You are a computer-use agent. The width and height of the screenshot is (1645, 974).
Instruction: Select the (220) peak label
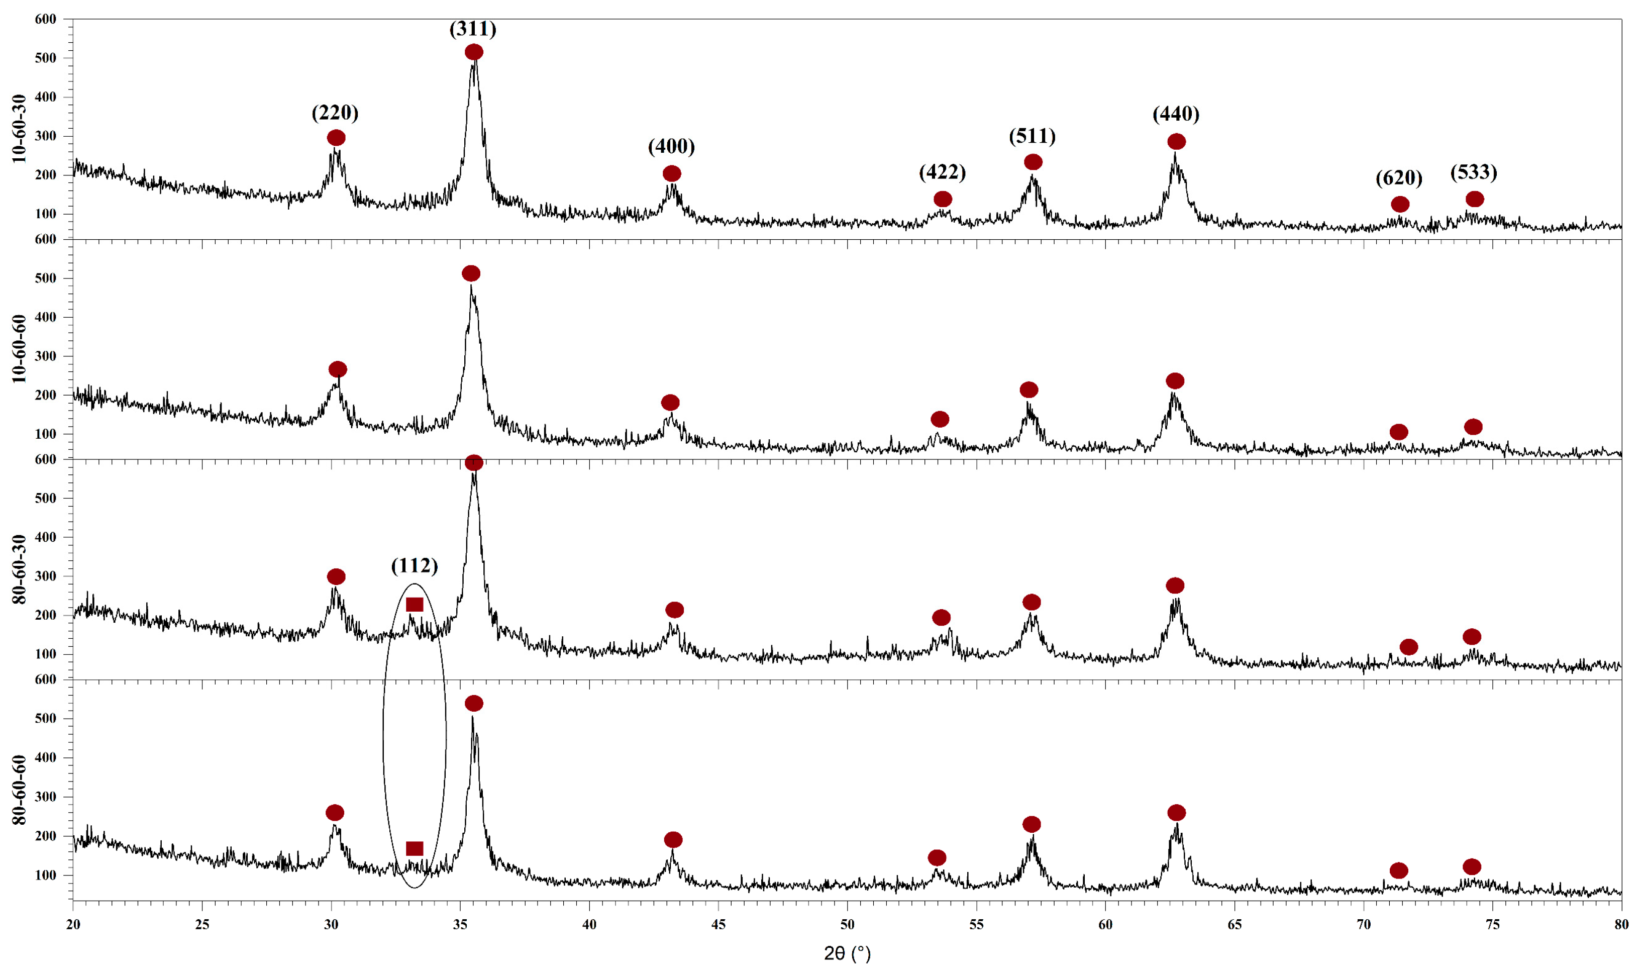click(x=335, y=113)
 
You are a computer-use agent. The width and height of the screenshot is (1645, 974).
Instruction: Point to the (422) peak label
click(x=942, y=172)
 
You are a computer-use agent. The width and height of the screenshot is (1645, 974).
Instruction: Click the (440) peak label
click(x=1176, y=114)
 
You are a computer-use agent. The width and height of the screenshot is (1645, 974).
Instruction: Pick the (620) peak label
click(x=1399, y=178)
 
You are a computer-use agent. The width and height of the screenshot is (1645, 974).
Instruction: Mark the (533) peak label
click(x=1474, y=172)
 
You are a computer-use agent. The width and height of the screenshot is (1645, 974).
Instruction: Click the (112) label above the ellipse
click(x=414, y=566)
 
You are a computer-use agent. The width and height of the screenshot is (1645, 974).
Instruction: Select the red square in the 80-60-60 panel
click(x=415, y=849)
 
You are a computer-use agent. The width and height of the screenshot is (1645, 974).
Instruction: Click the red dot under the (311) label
click(x=474, y=52)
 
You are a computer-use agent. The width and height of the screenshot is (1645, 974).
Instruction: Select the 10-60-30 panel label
click(x=19, y=129)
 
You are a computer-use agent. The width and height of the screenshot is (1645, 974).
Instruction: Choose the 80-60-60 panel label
click(x=19, y=790)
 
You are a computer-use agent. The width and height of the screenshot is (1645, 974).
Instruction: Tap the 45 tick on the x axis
click(x=718, y=925)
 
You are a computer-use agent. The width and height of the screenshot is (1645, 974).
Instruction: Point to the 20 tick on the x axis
click(x=73, y=925)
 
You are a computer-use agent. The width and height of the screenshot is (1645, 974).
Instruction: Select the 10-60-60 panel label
click(x=19, y=349)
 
